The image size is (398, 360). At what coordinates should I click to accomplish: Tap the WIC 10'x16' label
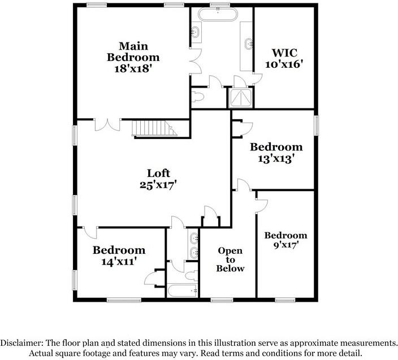pos(284,57)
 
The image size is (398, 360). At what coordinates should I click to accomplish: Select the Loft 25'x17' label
pos(158,179)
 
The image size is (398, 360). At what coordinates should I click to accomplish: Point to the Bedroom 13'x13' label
pos(276,153)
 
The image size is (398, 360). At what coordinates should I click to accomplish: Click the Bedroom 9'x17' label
pos(285,240)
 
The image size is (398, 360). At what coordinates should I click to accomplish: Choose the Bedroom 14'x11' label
pos(119,255)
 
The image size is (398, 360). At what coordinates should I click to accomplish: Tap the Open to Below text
pos(230,259)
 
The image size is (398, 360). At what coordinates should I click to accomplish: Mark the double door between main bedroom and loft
pos(107,124)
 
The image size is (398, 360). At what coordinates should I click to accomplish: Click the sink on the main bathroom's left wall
pos(196,32)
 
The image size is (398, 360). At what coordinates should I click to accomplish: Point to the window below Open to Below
pos(222,300)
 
